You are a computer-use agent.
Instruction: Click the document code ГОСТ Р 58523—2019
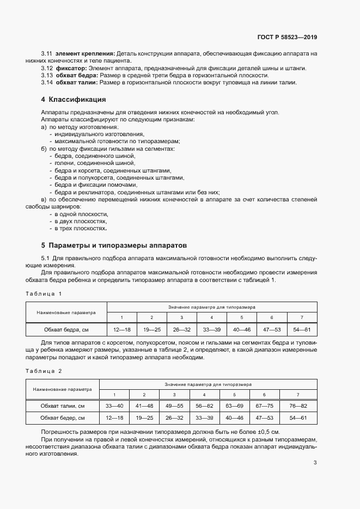click(x=287, y=38)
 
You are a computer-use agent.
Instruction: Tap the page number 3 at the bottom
click(x=315, y=463)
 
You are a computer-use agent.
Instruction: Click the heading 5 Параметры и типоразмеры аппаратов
click(x=113, y=245)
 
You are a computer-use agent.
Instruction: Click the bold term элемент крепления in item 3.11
click(x=85, y=53)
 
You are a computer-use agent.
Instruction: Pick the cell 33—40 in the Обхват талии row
click(x=114, y=406)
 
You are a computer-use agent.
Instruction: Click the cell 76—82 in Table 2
click(x=297, y=406)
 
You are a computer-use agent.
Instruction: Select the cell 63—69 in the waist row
click(x=234, y=406)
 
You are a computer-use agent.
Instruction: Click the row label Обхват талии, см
click(x=62, y=406)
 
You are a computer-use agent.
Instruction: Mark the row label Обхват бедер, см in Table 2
click(x=62, y=418)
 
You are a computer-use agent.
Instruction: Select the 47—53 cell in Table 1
click(x=271, y=329)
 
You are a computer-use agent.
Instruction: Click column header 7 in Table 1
click(x=302, y=317)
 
